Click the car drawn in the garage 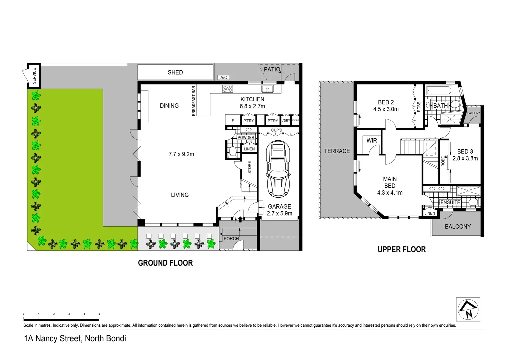(x=278, y=169)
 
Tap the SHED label (x=175, y=72)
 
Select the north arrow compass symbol (x=468, y=309)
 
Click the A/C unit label (x=224, y=78)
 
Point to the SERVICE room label (x=34, y=76)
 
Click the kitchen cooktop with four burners (x=228, y=89)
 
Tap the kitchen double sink (x=267, y=89)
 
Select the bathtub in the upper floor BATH (x=439, y=91)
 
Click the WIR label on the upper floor (x=372, y=141)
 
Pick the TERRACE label (x=337, y=151)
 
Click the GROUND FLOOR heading (x=165, y=263)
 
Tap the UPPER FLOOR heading (x=401, y=250)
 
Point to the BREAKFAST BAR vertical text (x=194, y=101)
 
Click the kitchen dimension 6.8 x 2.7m (x=252, y=106)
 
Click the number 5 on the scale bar (x=99, y=314)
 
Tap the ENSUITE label (x=450, y=202)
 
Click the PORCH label (x=231, y=239)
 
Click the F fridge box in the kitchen (x=233, y=121)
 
